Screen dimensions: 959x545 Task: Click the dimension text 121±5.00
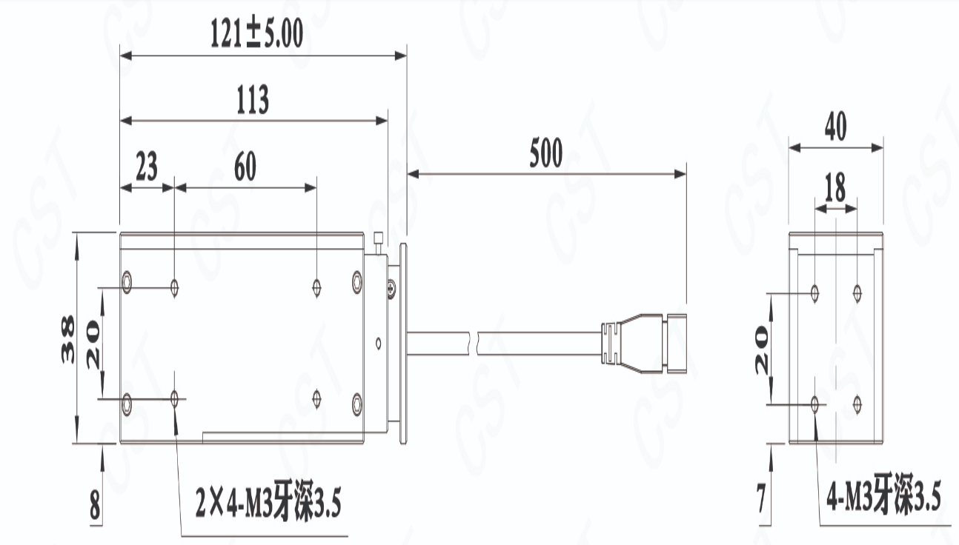tap(257, 33)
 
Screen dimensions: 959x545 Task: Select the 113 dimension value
tap(253, 99)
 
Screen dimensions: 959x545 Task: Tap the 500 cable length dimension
tap(546, 153)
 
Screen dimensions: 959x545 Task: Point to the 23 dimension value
tap(147, 166)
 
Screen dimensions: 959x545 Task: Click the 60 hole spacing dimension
tap(245, 166)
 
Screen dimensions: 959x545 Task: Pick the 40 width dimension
tap(836, 126)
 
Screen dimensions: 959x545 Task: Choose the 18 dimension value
tap(835, 187)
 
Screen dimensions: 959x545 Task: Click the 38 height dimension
tap(67, 340)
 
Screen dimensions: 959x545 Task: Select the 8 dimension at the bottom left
tap(95, 505)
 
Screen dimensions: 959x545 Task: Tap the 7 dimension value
tap(761, 498)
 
